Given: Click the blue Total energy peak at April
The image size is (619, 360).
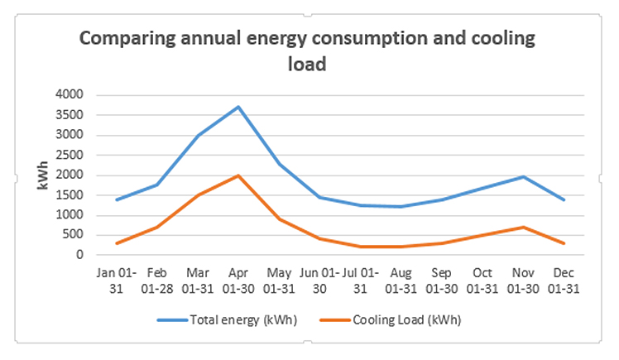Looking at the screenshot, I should (238, 107).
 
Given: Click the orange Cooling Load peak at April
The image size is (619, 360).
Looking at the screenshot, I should (238, 175).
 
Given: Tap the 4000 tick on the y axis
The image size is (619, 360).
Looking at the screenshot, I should (70, 95).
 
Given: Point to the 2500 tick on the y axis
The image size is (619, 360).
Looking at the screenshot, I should (70, 156).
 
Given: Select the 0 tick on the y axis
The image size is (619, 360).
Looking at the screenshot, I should (81, 256).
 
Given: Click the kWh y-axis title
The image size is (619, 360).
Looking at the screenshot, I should (43, 175).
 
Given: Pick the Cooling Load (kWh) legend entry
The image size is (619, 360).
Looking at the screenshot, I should (405, 319).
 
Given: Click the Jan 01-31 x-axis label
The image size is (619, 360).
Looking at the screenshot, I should (117, 281).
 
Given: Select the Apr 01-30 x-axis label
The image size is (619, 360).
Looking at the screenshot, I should (238, 281).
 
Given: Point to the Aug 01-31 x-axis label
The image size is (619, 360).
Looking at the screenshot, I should (401, 281).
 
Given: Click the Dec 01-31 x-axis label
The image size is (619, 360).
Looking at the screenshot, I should (563, 281).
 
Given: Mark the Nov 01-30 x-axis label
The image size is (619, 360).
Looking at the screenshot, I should (522, 281).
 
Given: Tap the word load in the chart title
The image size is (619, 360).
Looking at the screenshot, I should (307, 63).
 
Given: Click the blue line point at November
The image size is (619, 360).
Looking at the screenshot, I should (522, 176).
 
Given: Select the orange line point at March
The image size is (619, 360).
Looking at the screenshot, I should (198, 195).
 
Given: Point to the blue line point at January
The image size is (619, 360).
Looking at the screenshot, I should (117, 199).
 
